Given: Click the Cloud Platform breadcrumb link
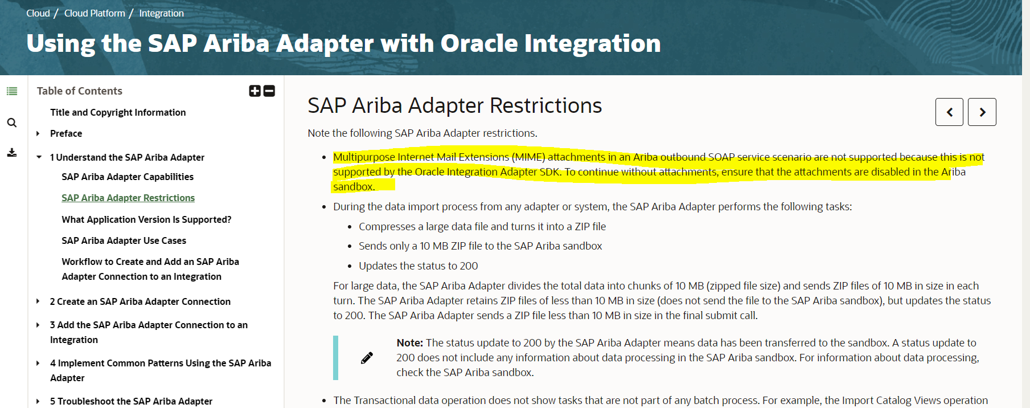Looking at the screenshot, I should click(95, 13).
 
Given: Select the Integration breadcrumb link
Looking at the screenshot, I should click(161, 13).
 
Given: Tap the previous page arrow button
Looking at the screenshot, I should click(949, 112).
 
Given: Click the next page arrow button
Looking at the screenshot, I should click(982, 112).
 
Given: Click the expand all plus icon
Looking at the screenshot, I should click(255, 91).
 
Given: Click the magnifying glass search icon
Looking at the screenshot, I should click(12, 123).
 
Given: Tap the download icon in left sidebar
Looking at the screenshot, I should click(12, 153).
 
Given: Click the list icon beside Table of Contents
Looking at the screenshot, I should click(12, 91).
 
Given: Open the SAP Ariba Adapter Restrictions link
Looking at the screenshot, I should click(128, 198).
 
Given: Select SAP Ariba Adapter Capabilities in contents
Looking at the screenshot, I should click(128, 177).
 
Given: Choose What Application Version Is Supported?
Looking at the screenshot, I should click(146, 219).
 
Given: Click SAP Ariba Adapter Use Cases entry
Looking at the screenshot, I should click(124, 240).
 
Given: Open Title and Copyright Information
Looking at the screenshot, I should click(118, 112).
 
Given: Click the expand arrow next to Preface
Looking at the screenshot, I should click(38, 133).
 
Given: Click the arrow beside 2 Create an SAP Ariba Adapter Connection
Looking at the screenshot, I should click(38, 301).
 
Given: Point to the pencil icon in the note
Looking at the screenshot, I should click(367, 358).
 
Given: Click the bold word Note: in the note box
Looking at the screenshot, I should click(409, 342).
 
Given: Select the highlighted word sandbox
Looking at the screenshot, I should click(354, 186).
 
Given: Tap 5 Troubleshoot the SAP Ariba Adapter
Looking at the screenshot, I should click(131, 401).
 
